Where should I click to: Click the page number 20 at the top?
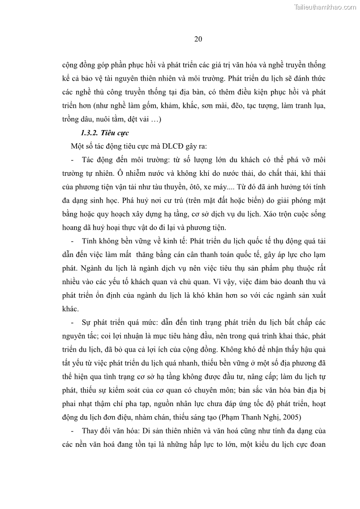click(x=198, y=39)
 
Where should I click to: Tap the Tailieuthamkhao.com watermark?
click(x=325, y=7)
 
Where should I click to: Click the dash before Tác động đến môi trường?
click(x=73, y=160)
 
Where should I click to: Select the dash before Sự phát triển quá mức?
click(x=73, y=322)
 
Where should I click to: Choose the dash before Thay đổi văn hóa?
click(x=73, y=430)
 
